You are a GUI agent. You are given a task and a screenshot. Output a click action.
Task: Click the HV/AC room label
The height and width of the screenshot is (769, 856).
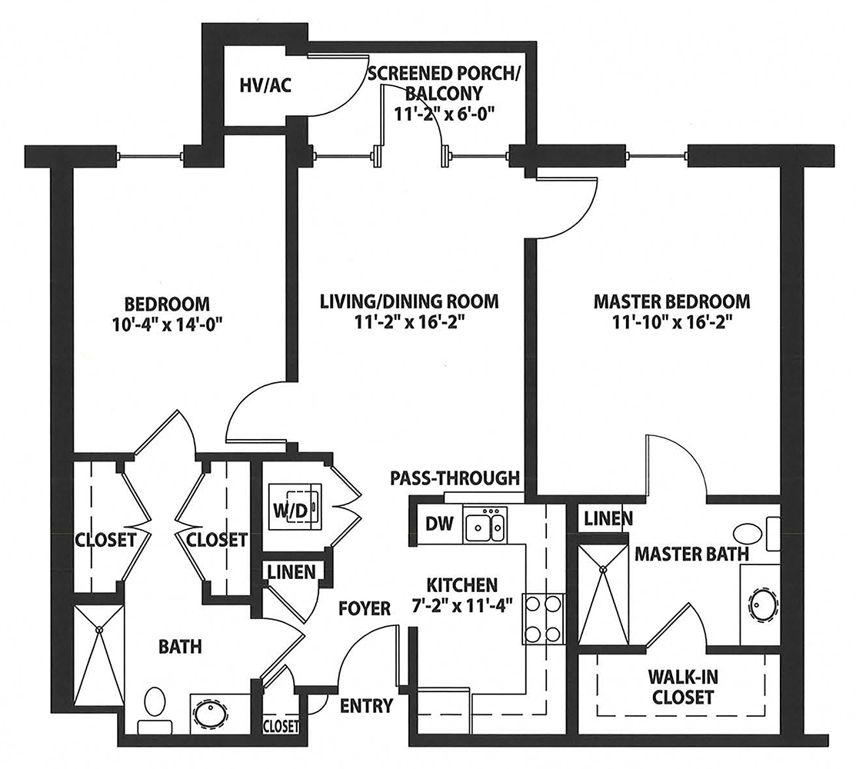pyautogui.click(x=265, y=85)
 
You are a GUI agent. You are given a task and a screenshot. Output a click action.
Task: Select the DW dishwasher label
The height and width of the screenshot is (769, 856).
pyautogui.click(x=439, y=524)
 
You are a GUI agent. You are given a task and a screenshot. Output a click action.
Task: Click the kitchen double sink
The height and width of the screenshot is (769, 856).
pyautogui.click(x=485, y=525)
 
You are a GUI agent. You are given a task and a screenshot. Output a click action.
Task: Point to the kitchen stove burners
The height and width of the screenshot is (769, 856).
pyautogui.click(x=543, y=619)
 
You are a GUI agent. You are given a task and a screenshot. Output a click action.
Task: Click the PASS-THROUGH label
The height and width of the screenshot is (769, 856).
pyautogui.click(x=455, y=478)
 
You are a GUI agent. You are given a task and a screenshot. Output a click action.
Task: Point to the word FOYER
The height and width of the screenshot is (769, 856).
pyautogui.click(x=365, y=608)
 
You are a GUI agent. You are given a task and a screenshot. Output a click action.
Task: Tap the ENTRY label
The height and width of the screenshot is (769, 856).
pyautogui.click(x=366, y=706)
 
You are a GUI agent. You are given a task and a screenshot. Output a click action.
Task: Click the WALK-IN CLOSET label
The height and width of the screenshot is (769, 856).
pyautogui.click(x=683, y=687)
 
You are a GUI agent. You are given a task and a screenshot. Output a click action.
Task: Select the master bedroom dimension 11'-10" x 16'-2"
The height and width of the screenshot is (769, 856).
pyautogui.click(x=672, y=322)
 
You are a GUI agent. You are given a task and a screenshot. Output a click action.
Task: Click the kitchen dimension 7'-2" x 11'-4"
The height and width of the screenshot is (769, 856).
pyautogui.click(x=462, y=605)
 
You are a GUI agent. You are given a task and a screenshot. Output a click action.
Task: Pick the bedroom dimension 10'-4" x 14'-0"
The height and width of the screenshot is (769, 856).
pyautogui.click(x=167, y=325)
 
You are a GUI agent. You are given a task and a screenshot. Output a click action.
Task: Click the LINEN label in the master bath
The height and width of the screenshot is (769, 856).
pyautogui.click(x=608, y=518)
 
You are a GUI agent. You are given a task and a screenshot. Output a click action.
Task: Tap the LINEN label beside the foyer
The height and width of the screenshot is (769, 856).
pyautogui.click(x=291, y=571)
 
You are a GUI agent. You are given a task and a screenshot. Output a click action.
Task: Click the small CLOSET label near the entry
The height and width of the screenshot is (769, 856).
pyautogui.click(x=281, y=727)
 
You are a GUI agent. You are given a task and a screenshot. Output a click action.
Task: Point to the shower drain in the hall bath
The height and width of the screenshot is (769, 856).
pyautogui.click(x=99, y=630)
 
